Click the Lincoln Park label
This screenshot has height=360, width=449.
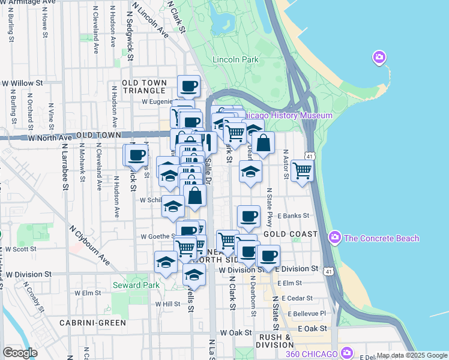(235, 59)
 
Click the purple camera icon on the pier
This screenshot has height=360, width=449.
(379, 58)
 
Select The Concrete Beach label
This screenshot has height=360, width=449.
(381, 238)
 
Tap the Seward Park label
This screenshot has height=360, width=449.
(136, 285)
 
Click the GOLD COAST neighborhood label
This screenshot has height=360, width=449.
(290, 233)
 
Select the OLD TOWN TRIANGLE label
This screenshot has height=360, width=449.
(143, 86)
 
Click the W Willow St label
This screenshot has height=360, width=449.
(23, 83)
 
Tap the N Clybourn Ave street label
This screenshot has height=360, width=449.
(89, 245)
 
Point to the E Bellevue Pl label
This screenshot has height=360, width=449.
(306, 313)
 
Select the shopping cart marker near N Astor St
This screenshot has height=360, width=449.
(302, 170)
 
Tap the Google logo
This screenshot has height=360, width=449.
(20, 352)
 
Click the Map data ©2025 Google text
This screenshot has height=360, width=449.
(411, 355)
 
